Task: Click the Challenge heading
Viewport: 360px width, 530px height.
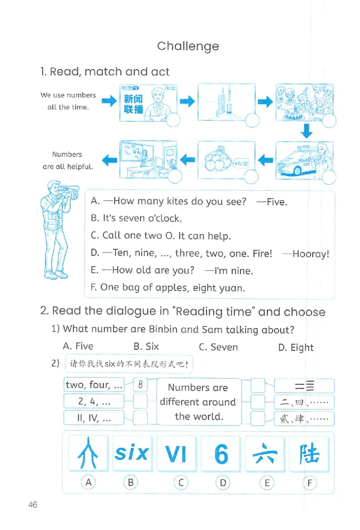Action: pos(188,46)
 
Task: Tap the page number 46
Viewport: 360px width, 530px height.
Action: pos(32,505)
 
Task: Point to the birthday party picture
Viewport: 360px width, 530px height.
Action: pos(304,102)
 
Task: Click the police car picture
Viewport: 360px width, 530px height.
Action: pos(304,160)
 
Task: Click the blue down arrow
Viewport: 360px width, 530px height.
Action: pos(306,130)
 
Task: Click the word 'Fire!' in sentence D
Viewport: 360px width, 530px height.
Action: pos(262,253)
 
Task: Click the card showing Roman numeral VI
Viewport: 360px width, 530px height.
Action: pos(176,454)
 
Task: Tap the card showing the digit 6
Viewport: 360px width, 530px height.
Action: pos(221,454)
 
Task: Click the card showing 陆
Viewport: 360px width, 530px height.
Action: pos(309,454)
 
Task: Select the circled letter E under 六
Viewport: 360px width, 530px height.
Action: pos(266,483)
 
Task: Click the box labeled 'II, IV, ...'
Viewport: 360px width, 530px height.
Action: pos(94,418)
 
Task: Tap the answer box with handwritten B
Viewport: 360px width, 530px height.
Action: pos(140,385)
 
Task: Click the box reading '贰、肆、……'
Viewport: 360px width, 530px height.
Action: pos(304,418)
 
